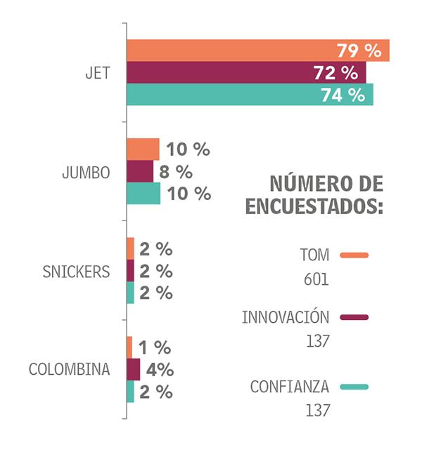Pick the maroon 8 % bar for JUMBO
click(x=140, y=171)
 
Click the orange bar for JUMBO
click(x=143, y=149)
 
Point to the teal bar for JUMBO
click(x=143, y=193)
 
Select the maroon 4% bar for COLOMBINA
click(x=134, y=369)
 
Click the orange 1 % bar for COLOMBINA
click(x=129, y=347)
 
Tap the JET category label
click(x=96, y=72)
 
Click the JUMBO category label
click(x=86, y=172)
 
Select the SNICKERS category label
click(x=76, y=272)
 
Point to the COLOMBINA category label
click(x=69, y=369)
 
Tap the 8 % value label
click(x=176, y=172)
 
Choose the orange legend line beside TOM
click(x=354, y=255)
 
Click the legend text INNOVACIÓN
click(x=286, y=317)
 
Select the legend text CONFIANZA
click(x=290, y=387)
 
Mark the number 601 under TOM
click(x=318, y=279)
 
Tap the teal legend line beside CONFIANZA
click(x=354, y=387)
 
